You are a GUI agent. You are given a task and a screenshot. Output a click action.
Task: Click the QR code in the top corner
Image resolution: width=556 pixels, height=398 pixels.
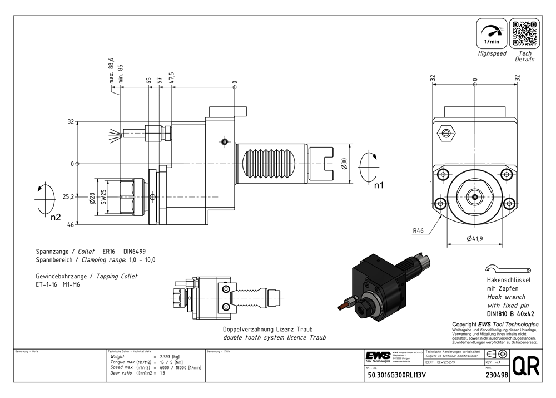point(525,33)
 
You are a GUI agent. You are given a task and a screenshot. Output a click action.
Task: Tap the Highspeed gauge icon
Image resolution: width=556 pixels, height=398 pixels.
point(492,33)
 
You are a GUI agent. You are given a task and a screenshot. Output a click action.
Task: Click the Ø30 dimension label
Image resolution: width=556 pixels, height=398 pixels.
point(344,163)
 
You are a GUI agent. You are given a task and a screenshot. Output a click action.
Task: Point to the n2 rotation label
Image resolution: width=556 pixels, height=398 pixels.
point(55,217)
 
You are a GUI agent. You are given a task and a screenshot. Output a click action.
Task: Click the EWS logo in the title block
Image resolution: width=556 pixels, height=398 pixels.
point(378,356)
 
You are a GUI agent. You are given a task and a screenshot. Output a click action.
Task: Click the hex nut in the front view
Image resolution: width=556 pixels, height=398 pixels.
point(446,133)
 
